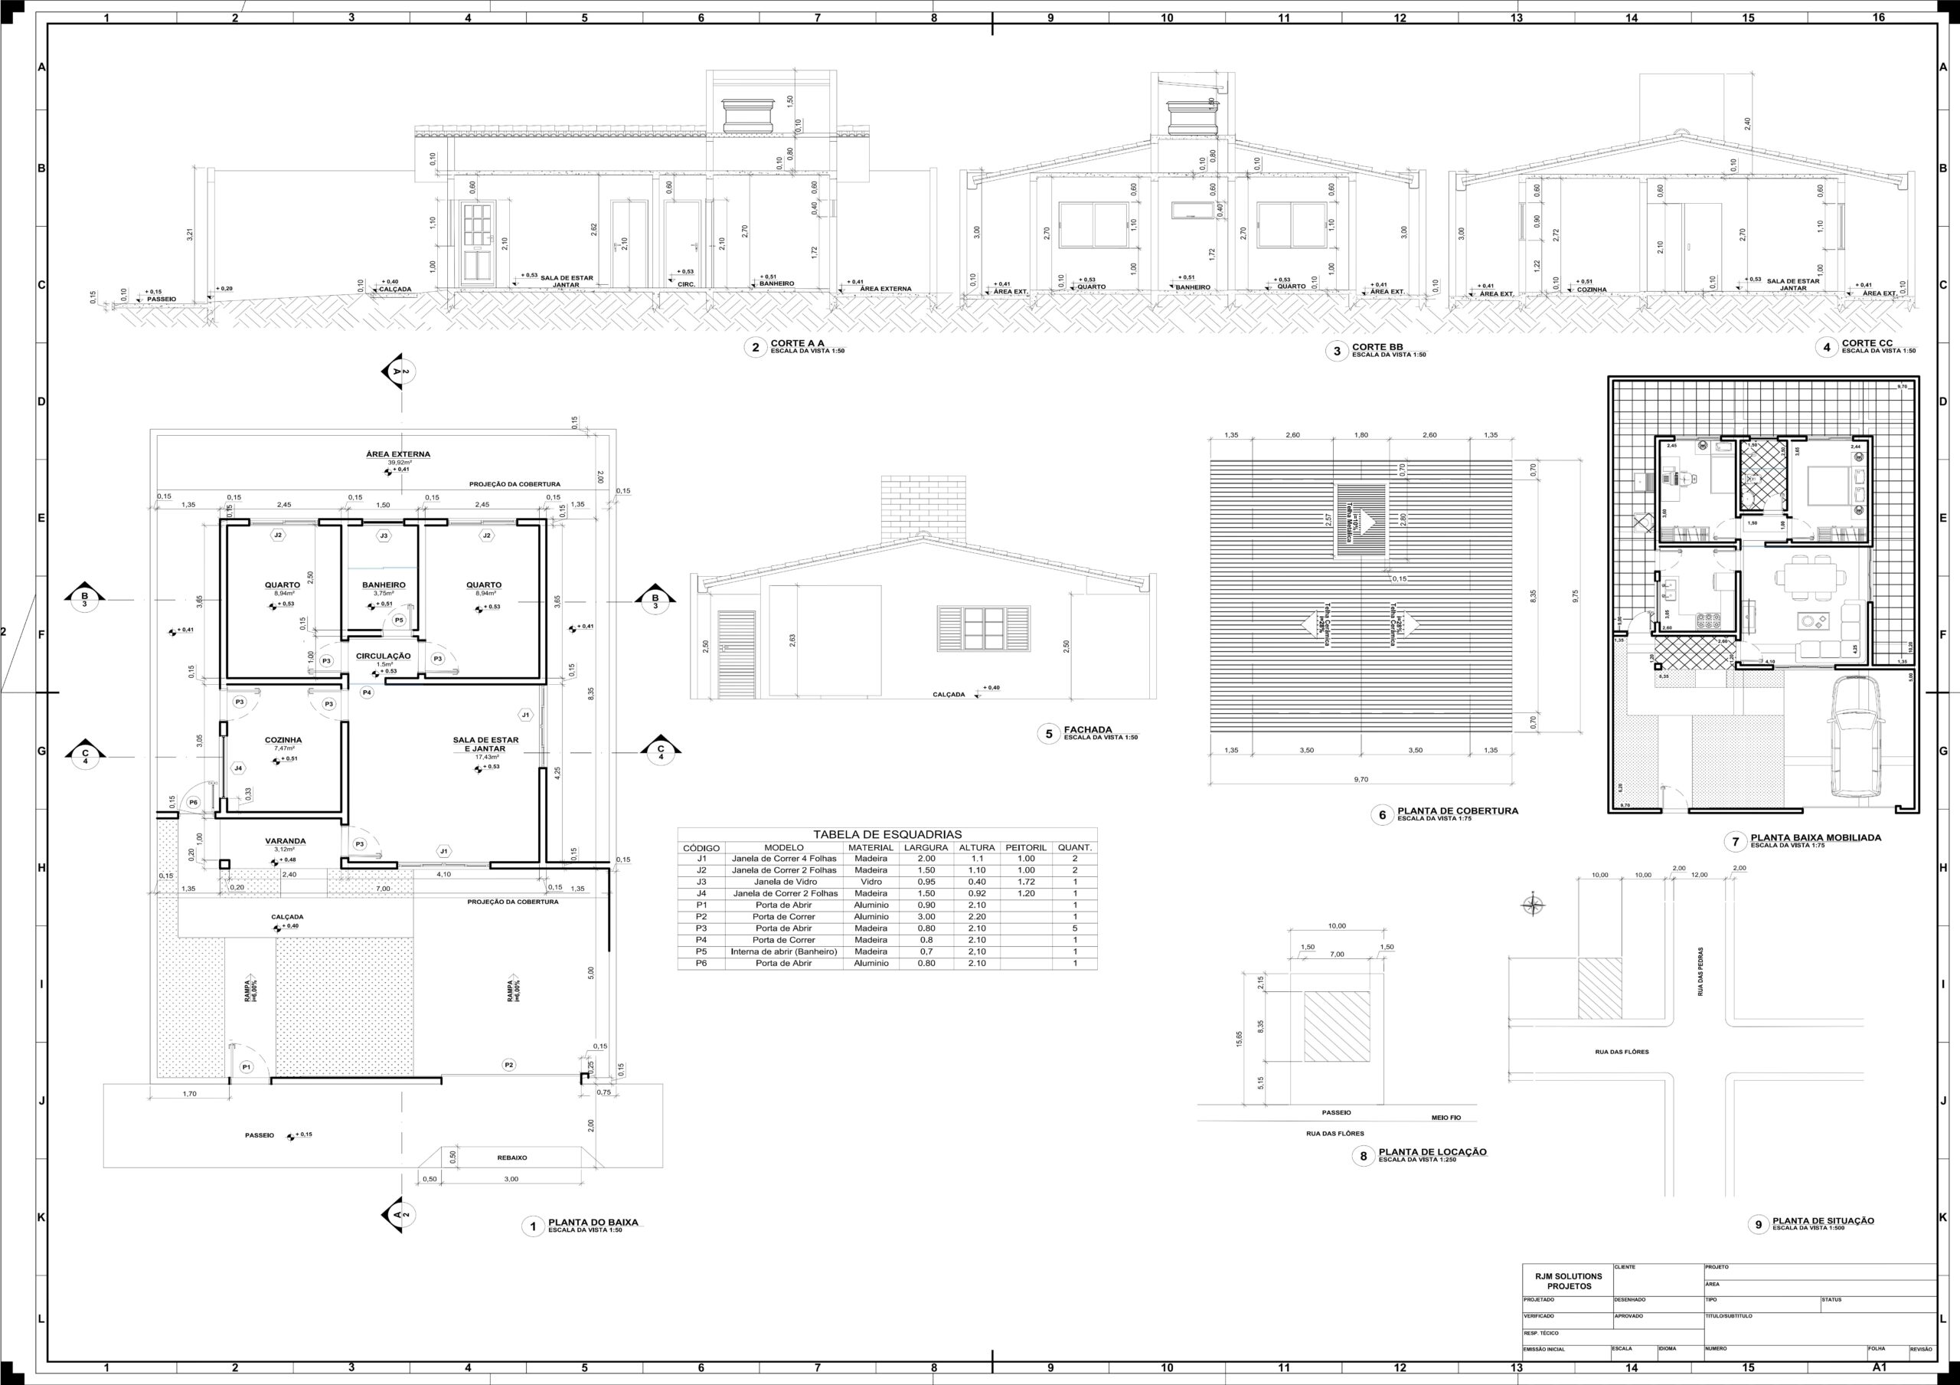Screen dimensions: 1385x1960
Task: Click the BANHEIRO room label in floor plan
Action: [384, 585]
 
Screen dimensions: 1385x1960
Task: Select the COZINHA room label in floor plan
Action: [283, 740]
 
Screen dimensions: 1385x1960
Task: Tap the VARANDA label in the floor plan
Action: [285, 841]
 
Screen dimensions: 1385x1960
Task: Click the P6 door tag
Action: [193, 803]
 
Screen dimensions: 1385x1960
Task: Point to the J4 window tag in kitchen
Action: [238, 768]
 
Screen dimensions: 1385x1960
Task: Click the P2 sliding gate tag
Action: [509, 1065]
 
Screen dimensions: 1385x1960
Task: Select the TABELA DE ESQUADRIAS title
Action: [887, 834]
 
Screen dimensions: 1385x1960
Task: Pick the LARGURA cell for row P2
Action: [926, 916]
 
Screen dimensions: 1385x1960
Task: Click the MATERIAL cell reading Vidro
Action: [871, 882]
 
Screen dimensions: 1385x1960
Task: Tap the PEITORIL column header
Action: [1025, 848]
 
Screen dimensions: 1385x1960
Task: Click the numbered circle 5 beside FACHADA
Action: [1048, 734]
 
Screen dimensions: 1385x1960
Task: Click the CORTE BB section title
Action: [1377, 347]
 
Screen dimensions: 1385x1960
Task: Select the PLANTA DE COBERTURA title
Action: [1457, 811]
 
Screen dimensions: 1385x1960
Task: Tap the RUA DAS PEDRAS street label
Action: [1700, 971]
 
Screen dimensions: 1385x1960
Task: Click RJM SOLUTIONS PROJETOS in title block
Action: [1568, 1281]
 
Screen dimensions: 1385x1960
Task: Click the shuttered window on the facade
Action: [983, 630]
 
